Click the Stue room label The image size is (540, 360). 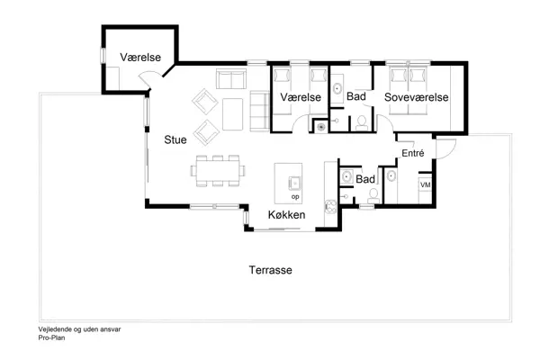click(x=175, y=139)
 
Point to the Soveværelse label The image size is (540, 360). click(x=416, y=96)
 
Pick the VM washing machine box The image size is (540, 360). click(x=425, y=184)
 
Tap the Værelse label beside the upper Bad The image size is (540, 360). click(x=300, y=96)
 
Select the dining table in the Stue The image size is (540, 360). click(x=217, y=169)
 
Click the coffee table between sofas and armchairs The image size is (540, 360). click(x=231, y=112)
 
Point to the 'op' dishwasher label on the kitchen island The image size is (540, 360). click(x=293, y=195)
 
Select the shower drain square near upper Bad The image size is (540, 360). click(x=321, y=127)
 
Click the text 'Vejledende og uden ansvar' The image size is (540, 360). click(x=79, y=329)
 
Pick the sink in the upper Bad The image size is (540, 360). click(x=336, y=88)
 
